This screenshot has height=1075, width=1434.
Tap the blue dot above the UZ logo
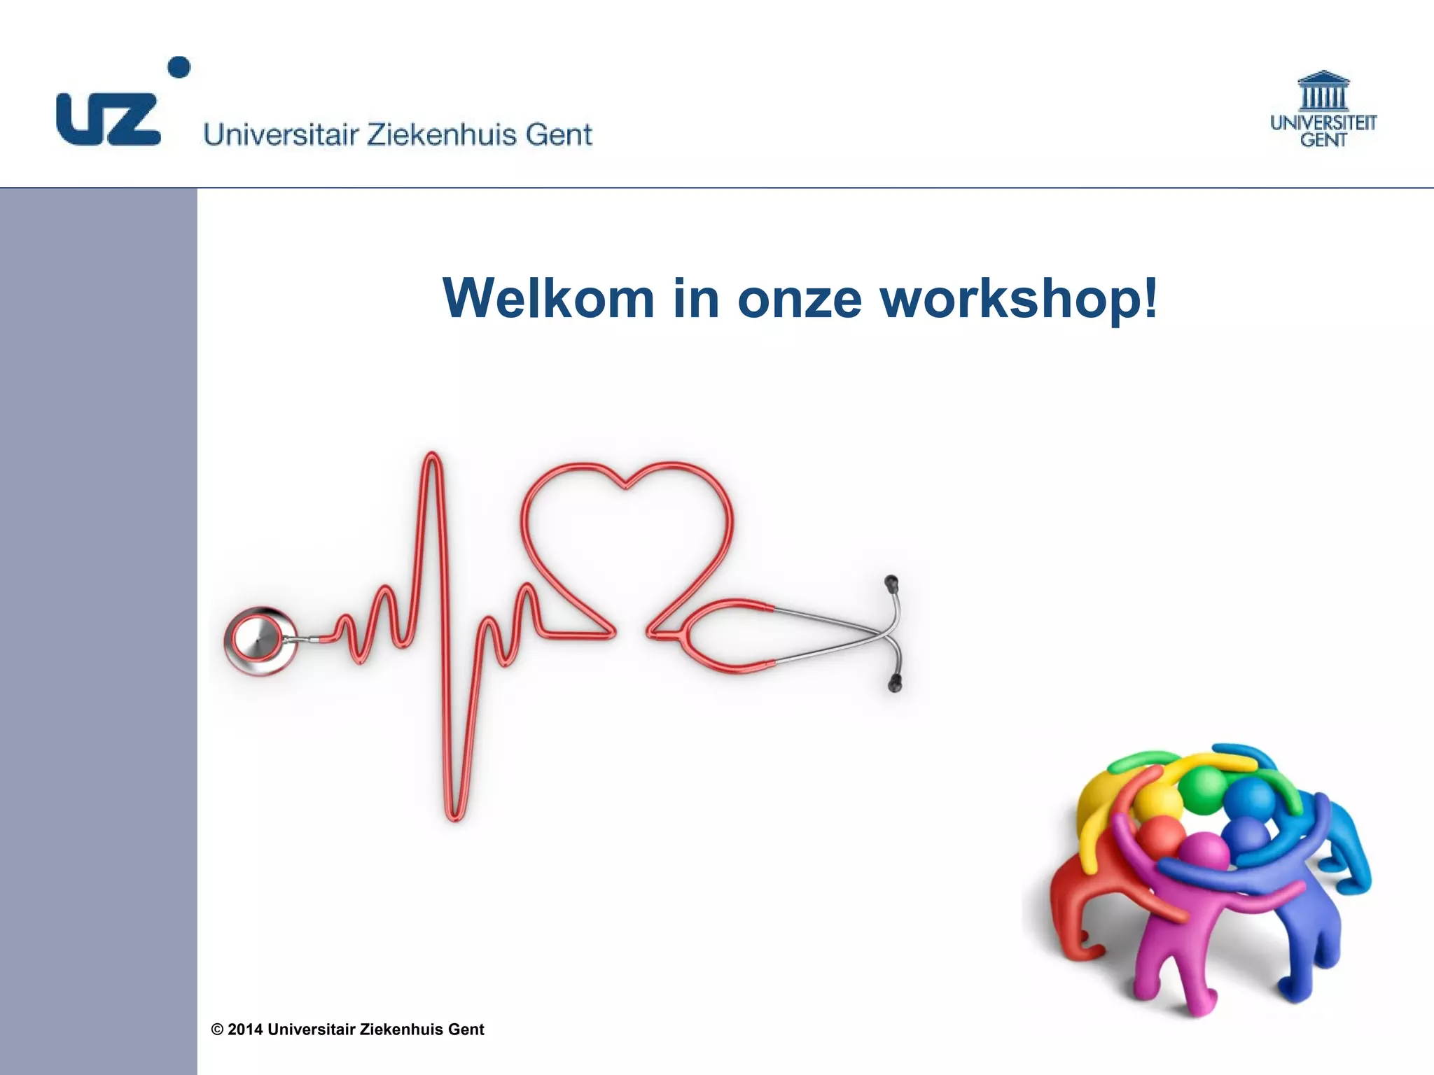pyautogui.click(x=179, y=68)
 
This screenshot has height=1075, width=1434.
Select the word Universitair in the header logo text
pyautogui.click(x=281, y=134)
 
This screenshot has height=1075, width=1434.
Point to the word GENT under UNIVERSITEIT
pyautogui.click(x=1323, y=140)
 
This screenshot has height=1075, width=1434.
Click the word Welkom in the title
pyautogui.click(x=548, y=298)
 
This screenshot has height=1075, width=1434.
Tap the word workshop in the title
pyautogui.click(x=1009, y=300)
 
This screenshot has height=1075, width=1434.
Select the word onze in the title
pyautogui.click(x=799, y=300)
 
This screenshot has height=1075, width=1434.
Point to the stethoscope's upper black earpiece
pyautogui.click(x=891, y=583)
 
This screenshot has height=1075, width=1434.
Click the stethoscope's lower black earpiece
pyautogui.click(x=895, y=683)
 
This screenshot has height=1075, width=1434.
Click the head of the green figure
pyautogui.click(x=1202, y=789)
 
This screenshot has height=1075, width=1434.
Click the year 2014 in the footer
pyautogui.click(x=245, y=1030)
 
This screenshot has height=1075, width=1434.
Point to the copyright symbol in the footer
pyautogui.click(x=217, y=1030)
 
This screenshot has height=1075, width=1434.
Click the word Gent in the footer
pyautogui.click(x=466, y=1030)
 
